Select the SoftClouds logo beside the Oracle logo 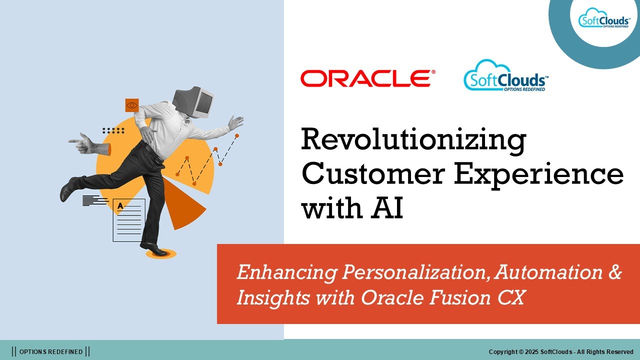[506, 76]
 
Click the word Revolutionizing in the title [413, 140]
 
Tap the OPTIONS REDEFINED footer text [51, 352]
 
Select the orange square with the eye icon [131, 105]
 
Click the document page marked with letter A [129, 220]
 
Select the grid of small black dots [113, 130]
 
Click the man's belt [153, 152]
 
